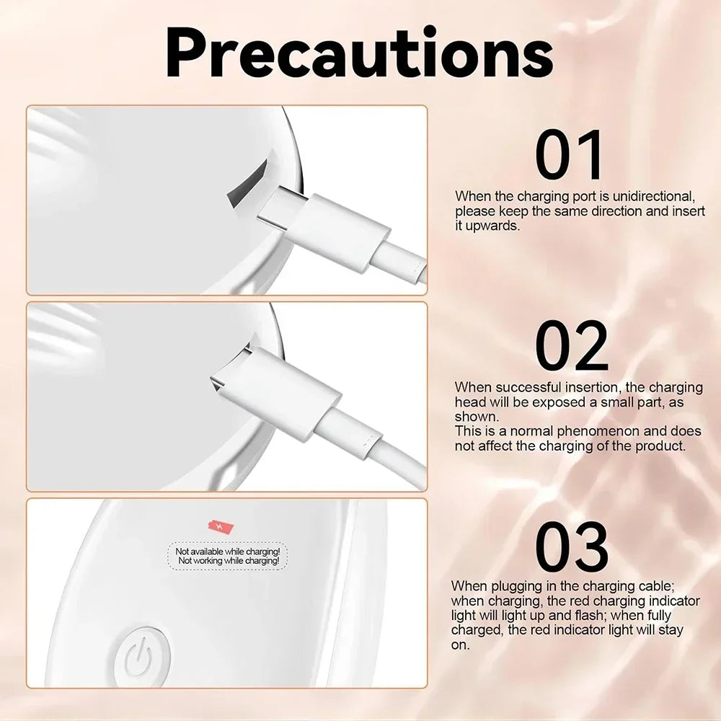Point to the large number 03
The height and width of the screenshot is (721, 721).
(x=572, y=548)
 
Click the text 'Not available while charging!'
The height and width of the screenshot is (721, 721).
(x=227, y=551)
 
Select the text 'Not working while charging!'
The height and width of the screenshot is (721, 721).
(x=228, y=561)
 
